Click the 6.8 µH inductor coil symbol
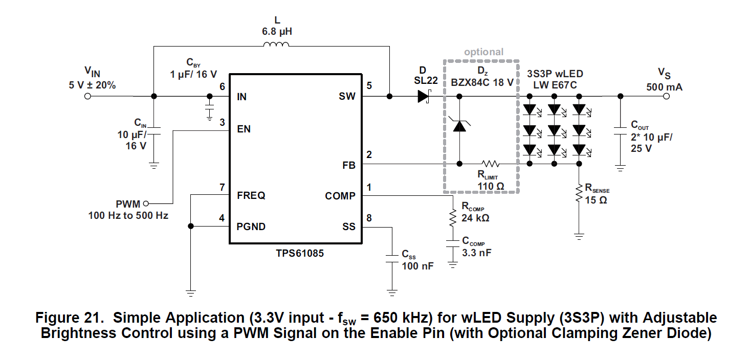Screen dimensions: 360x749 tap(276, 46)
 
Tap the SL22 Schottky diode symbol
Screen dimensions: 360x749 tap(423, 96)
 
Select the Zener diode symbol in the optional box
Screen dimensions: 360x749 tap(460, 124)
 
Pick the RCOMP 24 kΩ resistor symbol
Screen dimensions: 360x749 tap(453, 219)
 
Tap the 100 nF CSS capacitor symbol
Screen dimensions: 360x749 tap(392, 258)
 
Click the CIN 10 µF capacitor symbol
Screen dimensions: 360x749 tap(153, 131)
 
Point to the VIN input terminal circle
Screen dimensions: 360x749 tap(87, 96)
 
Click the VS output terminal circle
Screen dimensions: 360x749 tap(666, 96)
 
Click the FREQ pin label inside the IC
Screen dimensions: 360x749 tap(251, 196)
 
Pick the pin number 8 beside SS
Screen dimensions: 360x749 tap(369, 218)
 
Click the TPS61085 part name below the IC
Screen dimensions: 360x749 tap(294, 253)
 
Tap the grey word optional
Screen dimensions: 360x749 tap(483, 52)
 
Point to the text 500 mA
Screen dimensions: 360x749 tap(664, 87)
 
